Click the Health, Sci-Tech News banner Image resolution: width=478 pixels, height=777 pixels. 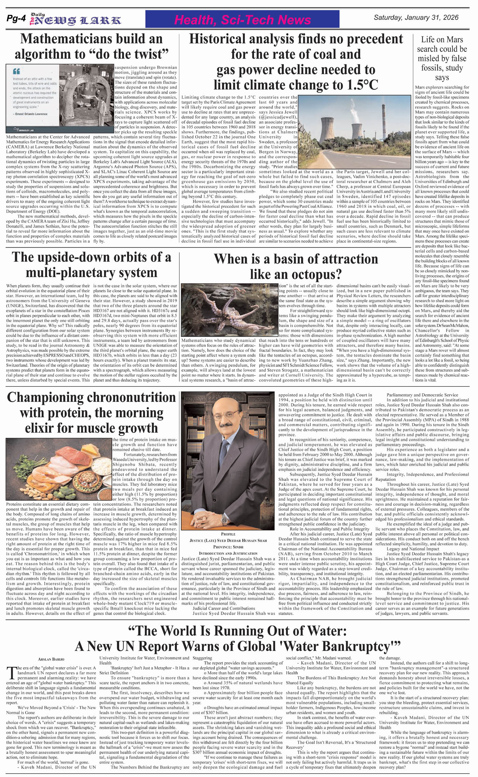coord(242,20)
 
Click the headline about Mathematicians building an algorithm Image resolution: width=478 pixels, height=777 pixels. coord(92,46)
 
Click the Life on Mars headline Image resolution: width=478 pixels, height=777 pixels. coord(442,58)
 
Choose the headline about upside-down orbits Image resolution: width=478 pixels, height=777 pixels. coord(92,265)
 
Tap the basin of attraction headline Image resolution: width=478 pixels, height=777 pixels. coord(296,267)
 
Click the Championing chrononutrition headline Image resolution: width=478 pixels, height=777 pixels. coord(92,412)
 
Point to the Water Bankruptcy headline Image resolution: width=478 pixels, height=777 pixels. coord(238,638)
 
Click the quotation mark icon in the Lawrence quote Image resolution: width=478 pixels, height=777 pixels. coord(16,72)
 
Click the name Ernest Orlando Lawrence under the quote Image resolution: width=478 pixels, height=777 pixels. coord(32,114)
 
